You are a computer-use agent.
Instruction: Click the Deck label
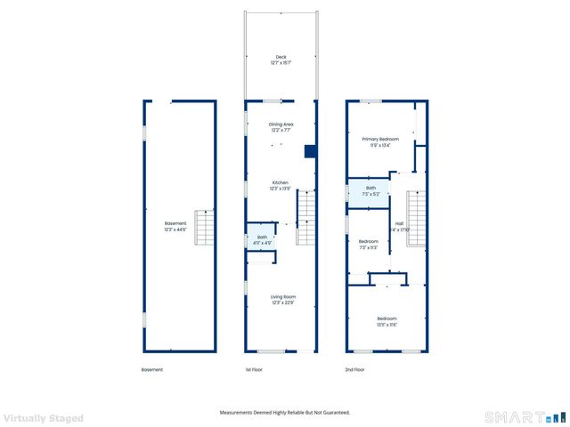pos(281,57)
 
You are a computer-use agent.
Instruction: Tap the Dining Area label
pos(281,125)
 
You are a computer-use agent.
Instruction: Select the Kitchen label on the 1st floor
pos(281,183)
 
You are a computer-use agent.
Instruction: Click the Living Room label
pos(283,296)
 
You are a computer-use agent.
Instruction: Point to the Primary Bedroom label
pos(380,140)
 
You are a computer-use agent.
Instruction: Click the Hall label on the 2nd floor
pos(400,223)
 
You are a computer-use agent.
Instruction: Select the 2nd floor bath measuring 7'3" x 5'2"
pos(370,190)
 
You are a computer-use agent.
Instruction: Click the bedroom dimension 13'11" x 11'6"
pos(387,325)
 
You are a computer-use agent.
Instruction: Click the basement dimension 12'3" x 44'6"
pos(175,230)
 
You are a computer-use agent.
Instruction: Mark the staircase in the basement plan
pos(206,228)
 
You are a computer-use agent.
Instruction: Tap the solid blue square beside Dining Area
pos(310,151)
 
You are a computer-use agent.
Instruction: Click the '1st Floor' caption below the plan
pos(254,370)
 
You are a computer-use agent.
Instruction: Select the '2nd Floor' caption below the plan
pos(355,370)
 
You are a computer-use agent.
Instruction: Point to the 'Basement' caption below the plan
pos(152,370)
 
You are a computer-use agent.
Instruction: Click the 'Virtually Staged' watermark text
pos(44,417)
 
